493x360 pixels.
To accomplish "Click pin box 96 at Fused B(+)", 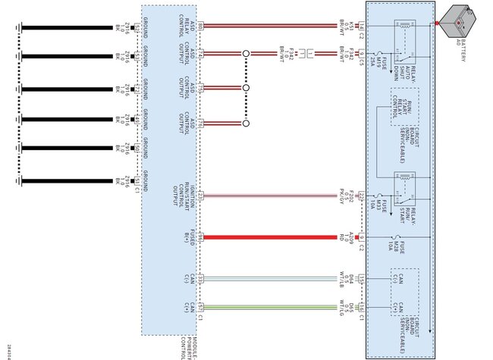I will (x=200, y=237).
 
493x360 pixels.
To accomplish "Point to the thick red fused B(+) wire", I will (x=273, y=237).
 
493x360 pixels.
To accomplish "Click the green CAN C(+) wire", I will (x=273, y=307).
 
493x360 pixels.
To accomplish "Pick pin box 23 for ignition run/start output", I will (x=200, y=196).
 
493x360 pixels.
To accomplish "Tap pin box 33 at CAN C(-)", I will (x=200, y=279).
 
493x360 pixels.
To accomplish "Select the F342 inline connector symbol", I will (x=306, y=54).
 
